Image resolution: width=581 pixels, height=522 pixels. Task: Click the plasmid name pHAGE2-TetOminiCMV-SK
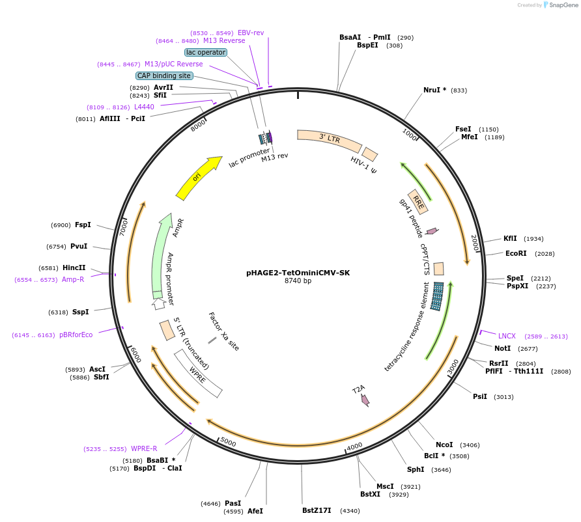[x=298, y=273]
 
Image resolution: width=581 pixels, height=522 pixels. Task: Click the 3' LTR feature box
[x=329, y=139]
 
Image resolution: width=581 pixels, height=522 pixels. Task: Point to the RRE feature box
[x=418, y=202]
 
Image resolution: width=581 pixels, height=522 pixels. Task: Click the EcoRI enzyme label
[x=516, y=253]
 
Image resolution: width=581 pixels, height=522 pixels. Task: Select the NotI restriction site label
[x=502, y=348]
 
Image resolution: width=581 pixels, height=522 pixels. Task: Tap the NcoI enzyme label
[x=444, y=445]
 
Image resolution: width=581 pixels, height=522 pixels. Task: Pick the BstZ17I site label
[x=317, y=510]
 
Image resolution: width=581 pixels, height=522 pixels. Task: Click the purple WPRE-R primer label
[x=144, y=448]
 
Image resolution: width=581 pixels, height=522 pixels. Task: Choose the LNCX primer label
[x=507, y=336]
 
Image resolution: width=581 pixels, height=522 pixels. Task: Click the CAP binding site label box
[x=164, y=76]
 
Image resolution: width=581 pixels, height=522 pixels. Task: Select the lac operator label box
[x=206, y=52]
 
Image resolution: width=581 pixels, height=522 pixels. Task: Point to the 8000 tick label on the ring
[x=198, y=126]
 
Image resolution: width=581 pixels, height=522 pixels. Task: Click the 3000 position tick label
[x=453, y=366]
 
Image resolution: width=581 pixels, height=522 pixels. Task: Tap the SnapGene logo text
[x=563, y=5]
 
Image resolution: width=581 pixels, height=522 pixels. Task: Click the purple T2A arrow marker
[x=365, y=399]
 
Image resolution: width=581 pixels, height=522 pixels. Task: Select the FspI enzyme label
[x=83, y=225]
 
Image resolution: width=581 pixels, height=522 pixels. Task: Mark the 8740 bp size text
[x=298, y=281]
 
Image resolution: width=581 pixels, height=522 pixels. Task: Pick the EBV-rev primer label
[x=251, y=33]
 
